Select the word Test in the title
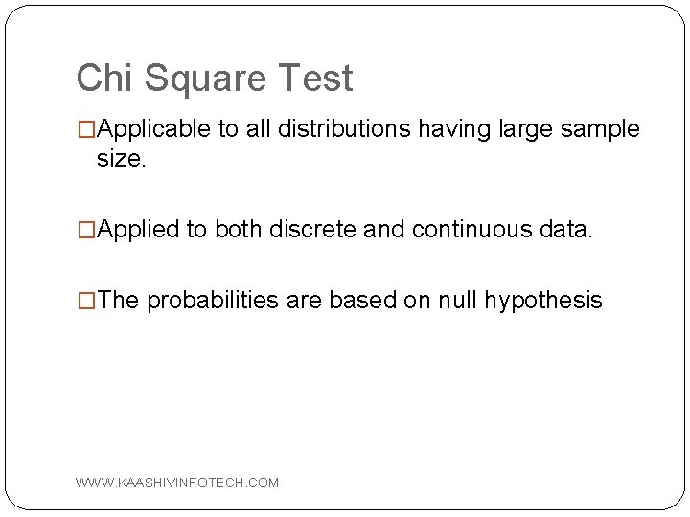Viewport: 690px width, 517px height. (x=316, y=79)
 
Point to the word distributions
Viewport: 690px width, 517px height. (x=354, y=129)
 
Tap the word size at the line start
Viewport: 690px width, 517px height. (x=120, y=159)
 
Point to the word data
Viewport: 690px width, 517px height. (x=566, y=230)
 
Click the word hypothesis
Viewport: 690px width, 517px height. (x=542, y=301)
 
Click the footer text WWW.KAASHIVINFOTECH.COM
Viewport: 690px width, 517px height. (x=178, y=483)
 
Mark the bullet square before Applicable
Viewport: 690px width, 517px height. (x=86, y=130)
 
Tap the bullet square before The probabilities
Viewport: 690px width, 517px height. (x=86, y=302)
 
